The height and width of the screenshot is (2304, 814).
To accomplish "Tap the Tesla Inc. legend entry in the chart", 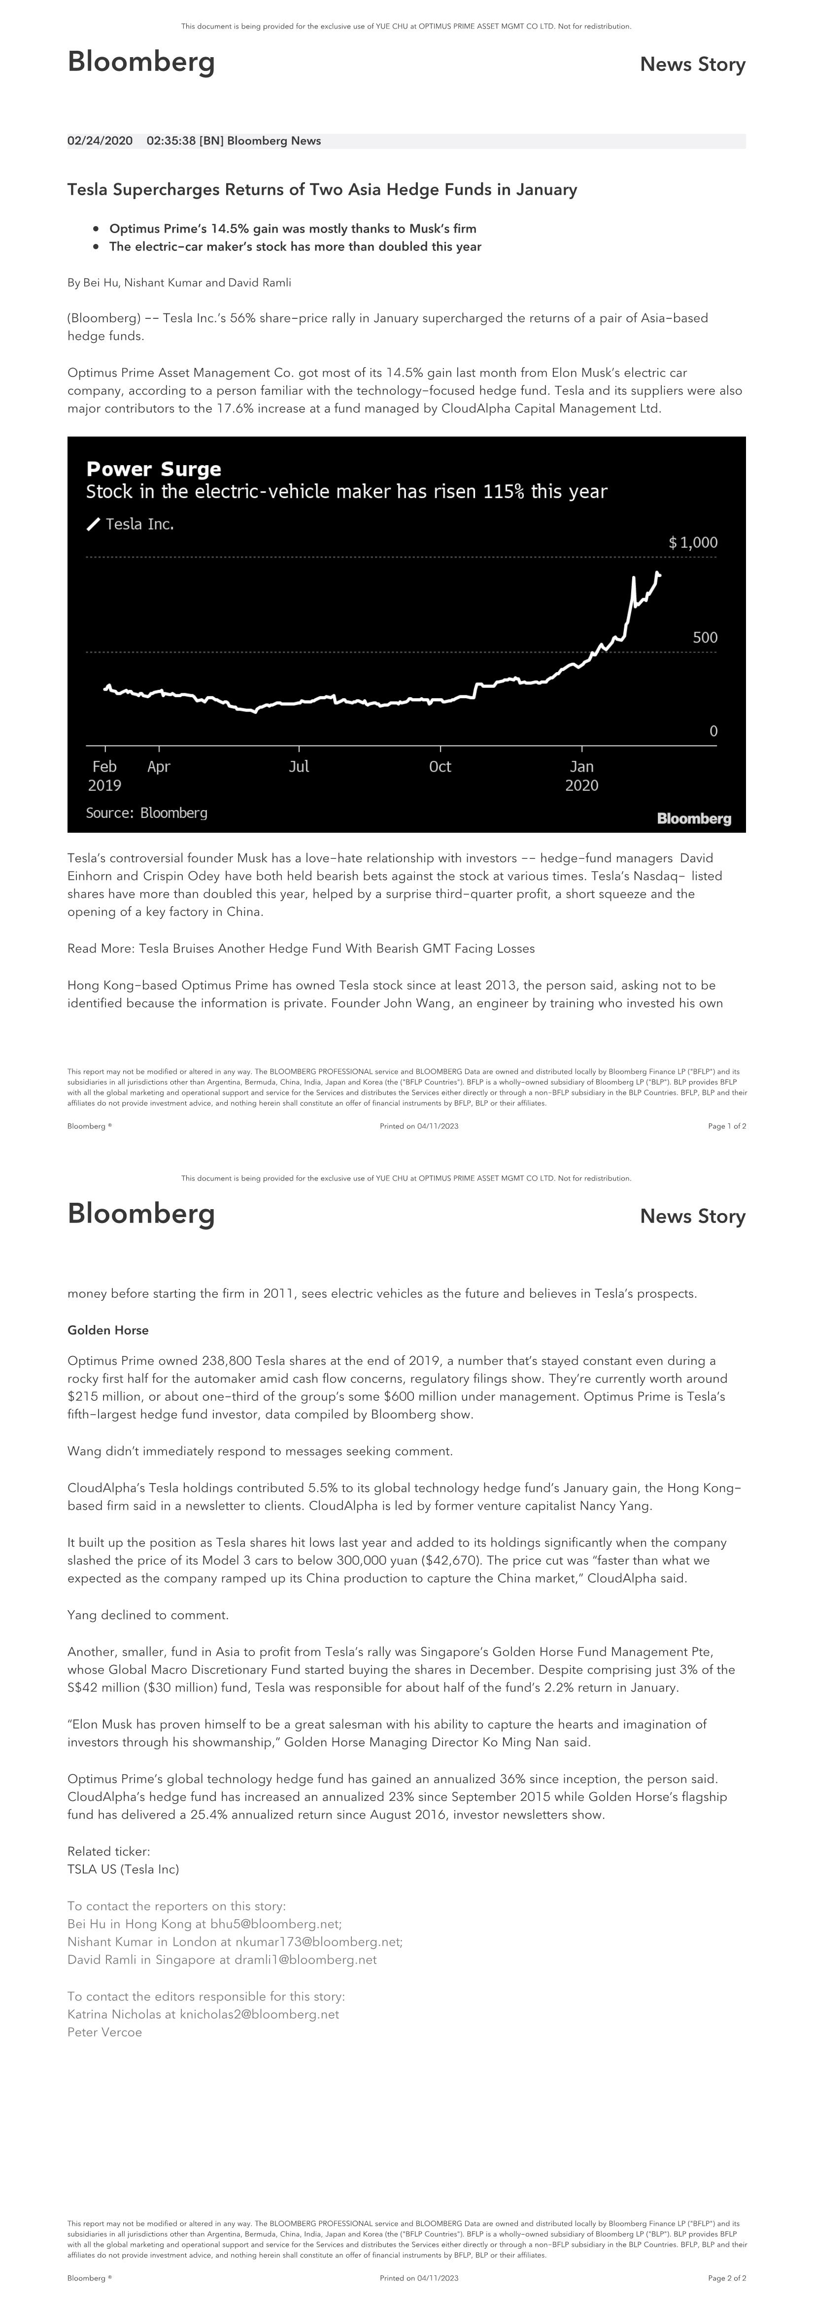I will pyautogui.click(x=138, y=524).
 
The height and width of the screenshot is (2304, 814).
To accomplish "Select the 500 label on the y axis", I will pyautogui.click(x=705, y=638).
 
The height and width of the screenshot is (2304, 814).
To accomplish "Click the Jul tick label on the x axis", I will pyautogui.click(x=299, y=767).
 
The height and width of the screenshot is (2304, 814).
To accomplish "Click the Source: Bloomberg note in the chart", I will pyautogui.click(x=147, y=813).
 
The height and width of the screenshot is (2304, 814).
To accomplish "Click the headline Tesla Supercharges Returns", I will pyautogui.click(x=322, y=190).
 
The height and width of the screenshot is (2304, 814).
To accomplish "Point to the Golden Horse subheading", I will pyautogui.click(x=108, y=1330).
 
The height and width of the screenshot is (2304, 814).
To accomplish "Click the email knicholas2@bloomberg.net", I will pyautogui.click(x=259, y=2014).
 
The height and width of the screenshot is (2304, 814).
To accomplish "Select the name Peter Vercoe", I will pyautogui.click(x=104, y=2032).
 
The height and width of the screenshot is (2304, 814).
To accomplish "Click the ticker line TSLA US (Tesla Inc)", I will pyautogui.click(x=124, y=1869).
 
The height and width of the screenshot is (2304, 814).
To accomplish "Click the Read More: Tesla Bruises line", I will pyautogui.click(x=301, y=948).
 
